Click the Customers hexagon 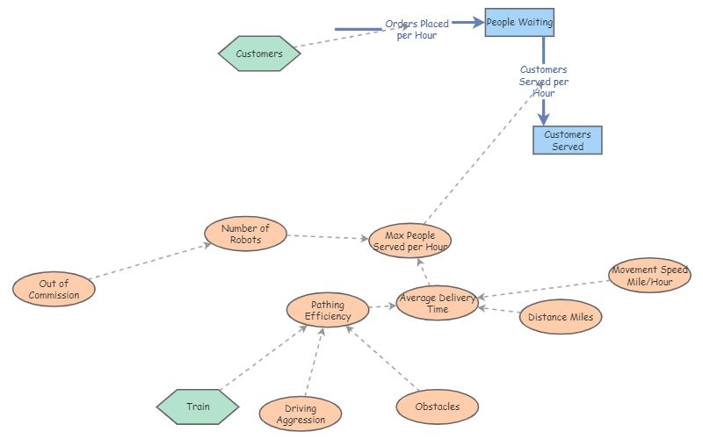pos(259,54)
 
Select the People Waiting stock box pos(519,22)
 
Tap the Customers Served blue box pos(568,140)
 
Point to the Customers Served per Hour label pos(544,81)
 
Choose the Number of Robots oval pos(245,234)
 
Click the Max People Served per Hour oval pos(409,241)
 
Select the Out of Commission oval pos(54,289)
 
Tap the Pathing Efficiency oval pos(328,310)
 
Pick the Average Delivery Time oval pos(437,303)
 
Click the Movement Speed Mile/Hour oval pos(649,276)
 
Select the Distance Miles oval pos(561,317)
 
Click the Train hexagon pos(198,407)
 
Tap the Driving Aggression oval pos(301,414)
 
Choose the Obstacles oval pos(437,407)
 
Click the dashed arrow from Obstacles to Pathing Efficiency pos(383,357)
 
